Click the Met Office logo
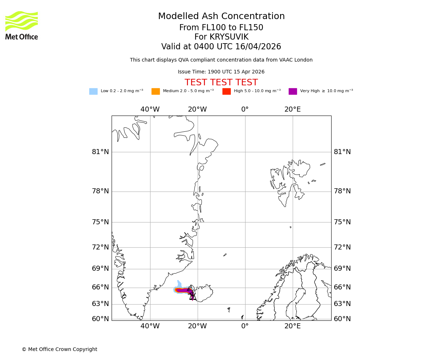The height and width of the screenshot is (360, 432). coord(22,25)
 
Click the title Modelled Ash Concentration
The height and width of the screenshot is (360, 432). coord(221,17)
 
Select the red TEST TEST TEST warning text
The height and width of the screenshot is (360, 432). coord(221,83)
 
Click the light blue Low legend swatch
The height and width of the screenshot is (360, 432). coord(93,91)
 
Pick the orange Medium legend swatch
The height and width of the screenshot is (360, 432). coord(156,91)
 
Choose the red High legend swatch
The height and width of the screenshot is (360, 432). coord(226,91)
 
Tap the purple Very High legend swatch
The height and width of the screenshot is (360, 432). coord(293,91)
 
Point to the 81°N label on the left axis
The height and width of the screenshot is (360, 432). coord(100,152)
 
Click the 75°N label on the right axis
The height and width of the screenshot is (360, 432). coord(342,222)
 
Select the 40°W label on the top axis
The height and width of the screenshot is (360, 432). coord(150,109)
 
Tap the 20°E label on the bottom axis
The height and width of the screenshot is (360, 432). coord(292,326)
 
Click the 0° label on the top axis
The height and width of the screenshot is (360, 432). coord(245,109)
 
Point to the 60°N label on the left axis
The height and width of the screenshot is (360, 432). coord(100,319)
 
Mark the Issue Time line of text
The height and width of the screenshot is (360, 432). coord(221,72)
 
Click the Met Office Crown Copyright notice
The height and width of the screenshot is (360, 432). coord(59,350)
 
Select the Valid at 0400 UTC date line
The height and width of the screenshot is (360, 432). coord(221,47)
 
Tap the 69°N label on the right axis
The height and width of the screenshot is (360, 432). coord(342,269)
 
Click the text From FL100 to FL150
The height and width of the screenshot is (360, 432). coord(221,28)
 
